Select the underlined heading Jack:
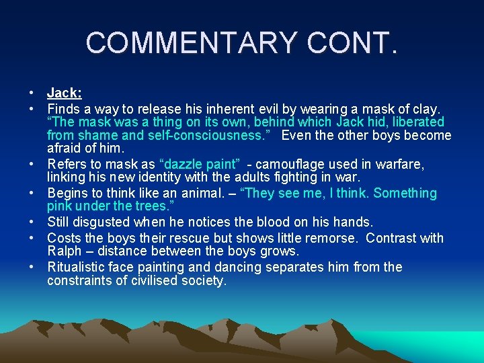pyautogui.click(x=65, y=93)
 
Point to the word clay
pyautogui.click(x=426, y=108)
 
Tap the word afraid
pyautogui.click(x=64, y=149)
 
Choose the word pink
pyautogui.click(x=60, y=206)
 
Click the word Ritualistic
pyautogui.click(x=78, y=267)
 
